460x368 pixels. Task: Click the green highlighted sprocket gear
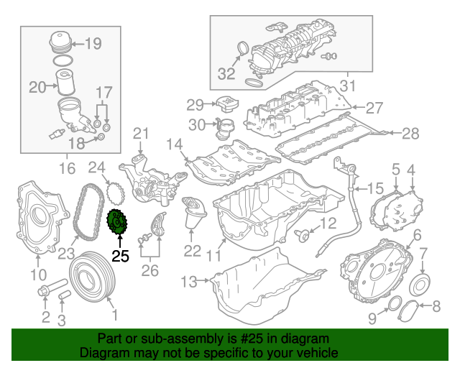pos(116,221)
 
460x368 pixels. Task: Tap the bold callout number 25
pos(120,256)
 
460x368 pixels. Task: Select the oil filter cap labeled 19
pos(61,42)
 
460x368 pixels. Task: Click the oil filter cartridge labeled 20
pos(65,82)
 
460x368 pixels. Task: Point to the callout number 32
pos(226,73)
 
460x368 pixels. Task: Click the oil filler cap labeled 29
pos(227,105)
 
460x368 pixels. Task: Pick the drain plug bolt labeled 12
pos(302,235)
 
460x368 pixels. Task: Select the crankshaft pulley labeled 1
pos(93,276)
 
